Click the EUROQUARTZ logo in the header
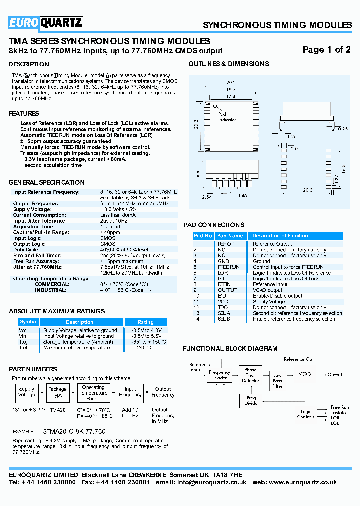(45, 23)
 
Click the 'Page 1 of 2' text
(327, 50)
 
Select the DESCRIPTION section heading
(29, 64)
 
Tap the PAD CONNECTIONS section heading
(214, 225)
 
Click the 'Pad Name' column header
(230, 236)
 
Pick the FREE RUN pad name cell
(228, 267)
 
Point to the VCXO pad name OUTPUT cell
(228, 290)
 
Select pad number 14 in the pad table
(196, 319)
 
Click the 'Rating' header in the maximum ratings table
(146, 322)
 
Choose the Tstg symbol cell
(23, 342)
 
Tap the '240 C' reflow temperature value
(144, 348)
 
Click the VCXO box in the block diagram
(304, 374)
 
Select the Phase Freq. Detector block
(250, 375)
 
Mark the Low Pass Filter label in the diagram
(277, 381)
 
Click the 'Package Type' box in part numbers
(57, 392)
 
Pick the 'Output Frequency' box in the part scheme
(163, 392)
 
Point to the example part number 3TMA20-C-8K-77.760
(74, 431)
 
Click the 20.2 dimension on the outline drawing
(231, 83)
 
